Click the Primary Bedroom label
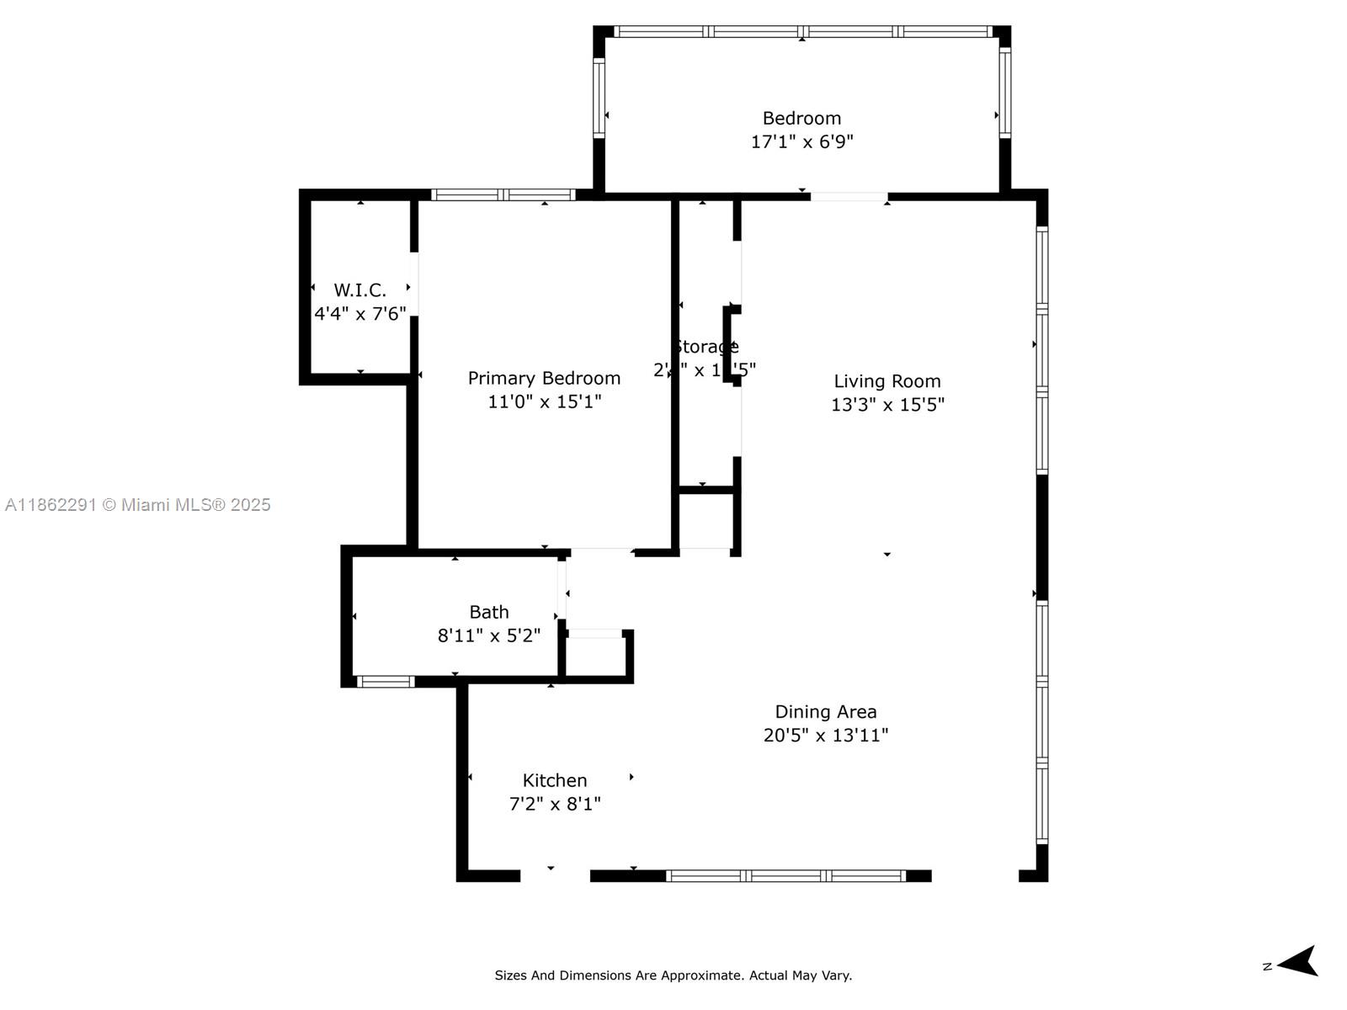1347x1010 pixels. coord(544,378)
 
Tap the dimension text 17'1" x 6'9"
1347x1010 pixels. coord(801,141)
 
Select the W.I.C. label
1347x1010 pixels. coord(359,290)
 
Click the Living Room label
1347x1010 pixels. coord(886,381)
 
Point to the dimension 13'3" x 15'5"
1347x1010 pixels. coord(886,405)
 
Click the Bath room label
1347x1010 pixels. coord(488,612)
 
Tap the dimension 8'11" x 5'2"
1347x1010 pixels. coord(488,635)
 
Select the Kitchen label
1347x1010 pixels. coord(554,780)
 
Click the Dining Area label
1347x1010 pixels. coord(825,712)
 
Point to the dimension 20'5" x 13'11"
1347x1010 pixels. coord(825,736)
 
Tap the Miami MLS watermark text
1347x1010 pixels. coord(137,505)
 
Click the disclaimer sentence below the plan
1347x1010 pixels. coord(673,975)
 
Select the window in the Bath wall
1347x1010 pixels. coord(386,682)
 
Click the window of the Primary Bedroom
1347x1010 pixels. coord(503,194)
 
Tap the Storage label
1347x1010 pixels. coord(705,347)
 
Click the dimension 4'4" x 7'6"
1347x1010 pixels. coord(359,314)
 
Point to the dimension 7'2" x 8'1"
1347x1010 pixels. coord(554,804)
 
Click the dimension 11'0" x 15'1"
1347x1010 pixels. coord(544,401)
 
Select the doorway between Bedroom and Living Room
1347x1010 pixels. coord(849,197)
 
